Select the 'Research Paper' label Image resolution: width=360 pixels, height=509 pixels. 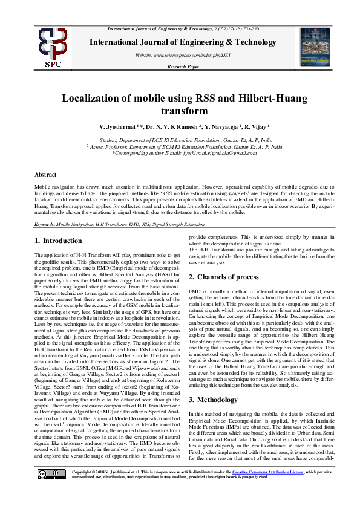pos(183,66)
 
